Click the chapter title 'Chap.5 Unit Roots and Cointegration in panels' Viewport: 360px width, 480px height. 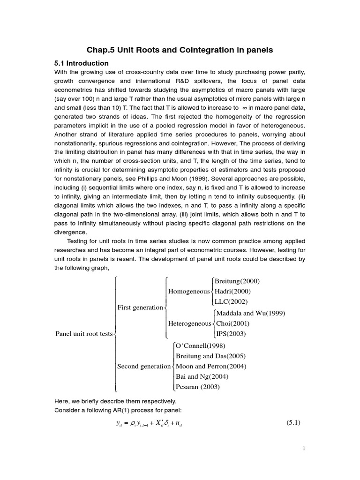180,50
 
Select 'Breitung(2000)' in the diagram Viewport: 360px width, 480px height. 237,281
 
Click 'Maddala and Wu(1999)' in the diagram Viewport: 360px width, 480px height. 250,313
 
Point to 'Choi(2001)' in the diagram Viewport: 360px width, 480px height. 232,323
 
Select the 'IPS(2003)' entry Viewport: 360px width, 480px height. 231,334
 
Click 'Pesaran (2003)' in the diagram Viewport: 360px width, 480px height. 197,387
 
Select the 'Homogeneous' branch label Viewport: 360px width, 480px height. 188,292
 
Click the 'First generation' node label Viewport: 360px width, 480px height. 140,307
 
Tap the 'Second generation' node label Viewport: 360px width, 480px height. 143,366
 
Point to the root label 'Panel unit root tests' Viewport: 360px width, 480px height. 84,334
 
